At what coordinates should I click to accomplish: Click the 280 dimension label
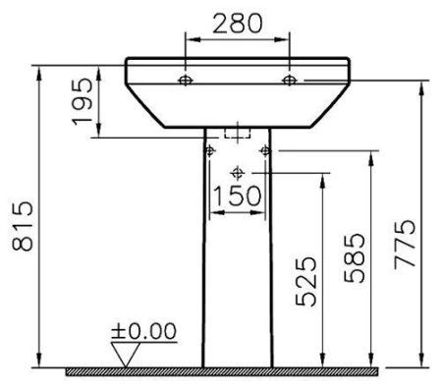point(238,24)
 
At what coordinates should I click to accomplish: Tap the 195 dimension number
point(83,101)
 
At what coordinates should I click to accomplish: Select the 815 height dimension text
point(23,226)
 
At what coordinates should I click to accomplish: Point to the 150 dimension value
point(238,195)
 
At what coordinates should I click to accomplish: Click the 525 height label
point(306,281)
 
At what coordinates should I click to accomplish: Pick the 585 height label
point(355,258)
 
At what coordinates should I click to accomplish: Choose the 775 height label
point(405,245)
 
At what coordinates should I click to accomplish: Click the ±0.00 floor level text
point(144,331)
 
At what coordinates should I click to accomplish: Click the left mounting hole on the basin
point(186,80)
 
